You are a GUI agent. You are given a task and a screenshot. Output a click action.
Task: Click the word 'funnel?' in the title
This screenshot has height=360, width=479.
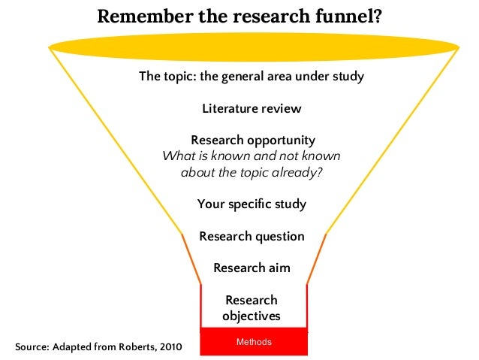click(x=347, y=16)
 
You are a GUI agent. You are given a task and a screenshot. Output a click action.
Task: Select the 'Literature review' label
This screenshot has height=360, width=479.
click(x=252, y=109)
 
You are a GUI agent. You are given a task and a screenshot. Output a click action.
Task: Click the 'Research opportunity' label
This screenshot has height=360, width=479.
click(x=253, y=141)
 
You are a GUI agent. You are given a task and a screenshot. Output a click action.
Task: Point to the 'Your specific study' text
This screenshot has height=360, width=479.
click(x=252, y=204)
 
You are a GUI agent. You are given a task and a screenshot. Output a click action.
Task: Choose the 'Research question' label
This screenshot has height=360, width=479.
click(x=252, y=237)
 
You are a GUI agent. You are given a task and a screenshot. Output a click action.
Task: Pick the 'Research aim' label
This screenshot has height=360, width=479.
click(x=252, y=268)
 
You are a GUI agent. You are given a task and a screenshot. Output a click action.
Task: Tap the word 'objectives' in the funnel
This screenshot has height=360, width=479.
click(x=252, y=316)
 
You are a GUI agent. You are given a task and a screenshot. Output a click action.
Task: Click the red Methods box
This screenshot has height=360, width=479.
click(x=254, y=342)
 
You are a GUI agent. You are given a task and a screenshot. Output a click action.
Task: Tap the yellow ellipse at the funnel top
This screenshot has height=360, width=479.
click(x=254, y=48)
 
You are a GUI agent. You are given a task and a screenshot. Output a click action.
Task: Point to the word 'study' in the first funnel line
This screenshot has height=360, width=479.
click(x=348, y=77)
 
